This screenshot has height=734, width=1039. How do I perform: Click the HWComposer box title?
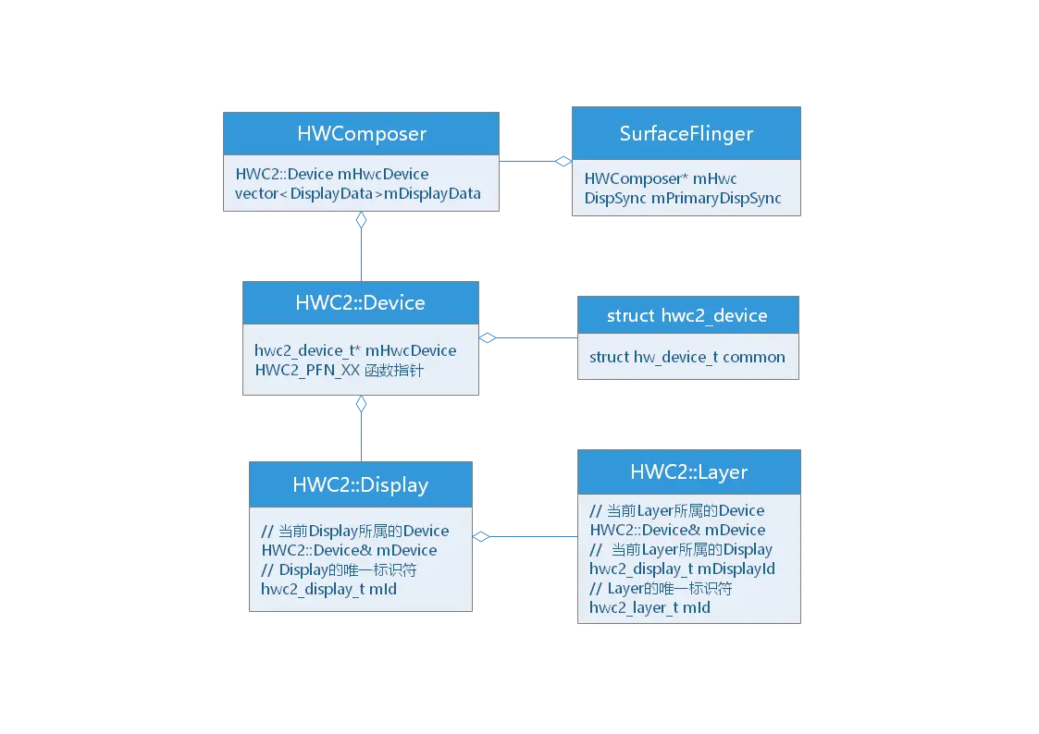click(x=362, y=133)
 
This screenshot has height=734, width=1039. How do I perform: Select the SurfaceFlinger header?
click(x=686, y=133)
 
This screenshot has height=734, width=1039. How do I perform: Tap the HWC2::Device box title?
click(x=360, y=302)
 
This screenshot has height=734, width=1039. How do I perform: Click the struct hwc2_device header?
click(x=686, y=315)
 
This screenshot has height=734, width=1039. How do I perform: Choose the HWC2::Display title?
click(x=360, y=484)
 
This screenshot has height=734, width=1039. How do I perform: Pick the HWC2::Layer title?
click(x=688, y=471)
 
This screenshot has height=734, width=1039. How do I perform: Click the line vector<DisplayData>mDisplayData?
click(x=357, y=193)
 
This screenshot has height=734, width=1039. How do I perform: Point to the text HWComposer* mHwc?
click(x=661, y=178)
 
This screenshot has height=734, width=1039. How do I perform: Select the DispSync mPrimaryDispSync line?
click(x=683, y=198)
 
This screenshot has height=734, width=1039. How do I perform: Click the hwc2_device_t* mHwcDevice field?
click(x=355, y=350)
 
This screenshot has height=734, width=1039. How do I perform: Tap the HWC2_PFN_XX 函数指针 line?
click(x=340, y=370)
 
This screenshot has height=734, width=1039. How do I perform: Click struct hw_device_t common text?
click(x=686, y=357)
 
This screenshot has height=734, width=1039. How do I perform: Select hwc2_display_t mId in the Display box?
click(x=328, y=589)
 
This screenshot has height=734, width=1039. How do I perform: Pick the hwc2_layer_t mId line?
click(x=649, y=607)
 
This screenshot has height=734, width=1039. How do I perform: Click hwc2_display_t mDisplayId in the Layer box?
click(x=682, y=569)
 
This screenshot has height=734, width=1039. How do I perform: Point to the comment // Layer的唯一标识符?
click(x=661, y=588)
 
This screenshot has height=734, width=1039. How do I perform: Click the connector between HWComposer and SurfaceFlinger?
click(x=536, y=159)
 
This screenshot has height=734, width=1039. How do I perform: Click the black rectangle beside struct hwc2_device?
click(x=917, y=339)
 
